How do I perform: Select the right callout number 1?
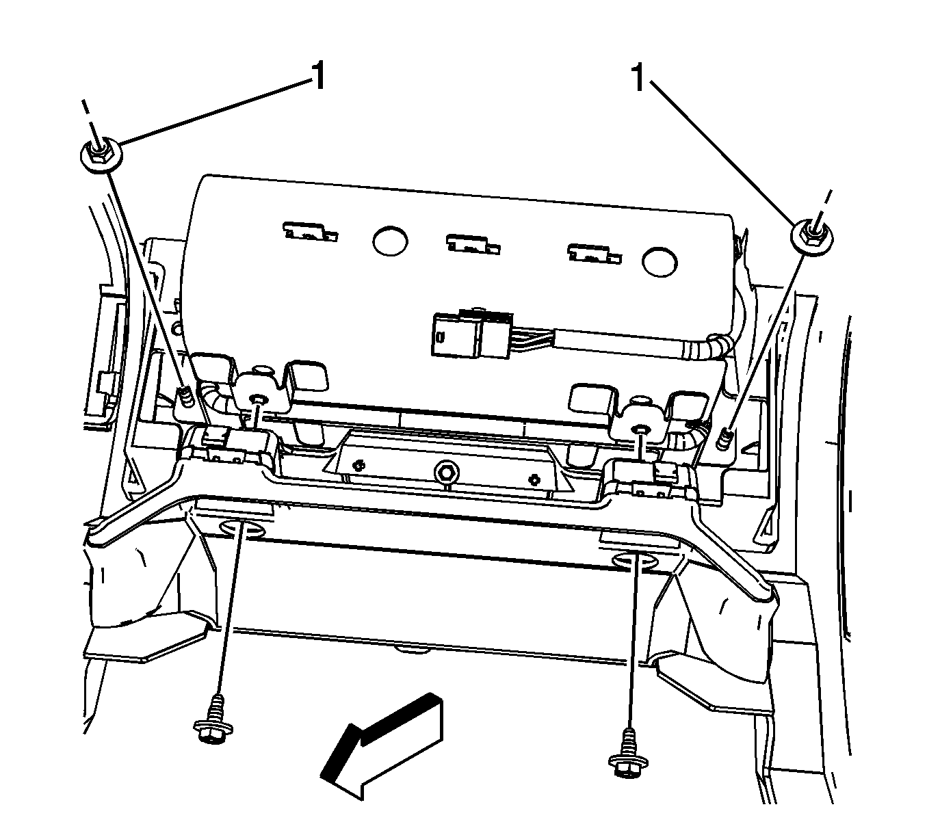pos(639,78)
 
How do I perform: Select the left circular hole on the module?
pos(390,239)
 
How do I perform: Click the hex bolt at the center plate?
pos(446,471)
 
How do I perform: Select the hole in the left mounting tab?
pos(259,399)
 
